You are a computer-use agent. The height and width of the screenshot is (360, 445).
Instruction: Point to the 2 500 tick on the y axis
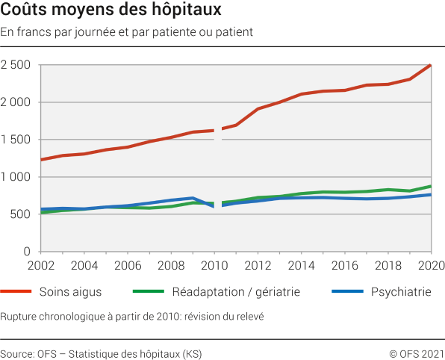15,65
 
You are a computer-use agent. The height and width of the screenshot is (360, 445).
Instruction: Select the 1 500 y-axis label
15,140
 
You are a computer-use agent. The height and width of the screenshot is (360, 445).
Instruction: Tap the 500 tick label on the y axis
20,214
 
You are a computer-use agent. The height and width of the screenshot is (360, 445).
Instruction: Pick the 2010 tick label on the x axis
214,265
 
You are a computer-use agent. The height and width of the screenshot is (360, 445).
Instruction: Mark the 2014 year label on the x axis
302,265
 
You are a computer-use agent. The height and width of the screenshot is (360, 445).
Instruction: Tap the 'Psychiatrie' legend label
401,291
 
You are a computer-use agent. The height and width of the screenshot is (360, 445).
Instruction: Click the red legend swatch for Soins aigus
22,291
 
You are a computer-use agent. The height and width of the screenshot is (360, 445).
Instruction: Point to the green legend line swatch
153,291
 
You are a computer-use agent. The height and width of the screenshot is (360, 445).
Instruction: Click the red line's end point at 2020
432,65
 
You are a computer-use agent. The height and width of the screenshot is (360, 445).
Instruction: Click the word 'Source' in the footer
16,353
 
